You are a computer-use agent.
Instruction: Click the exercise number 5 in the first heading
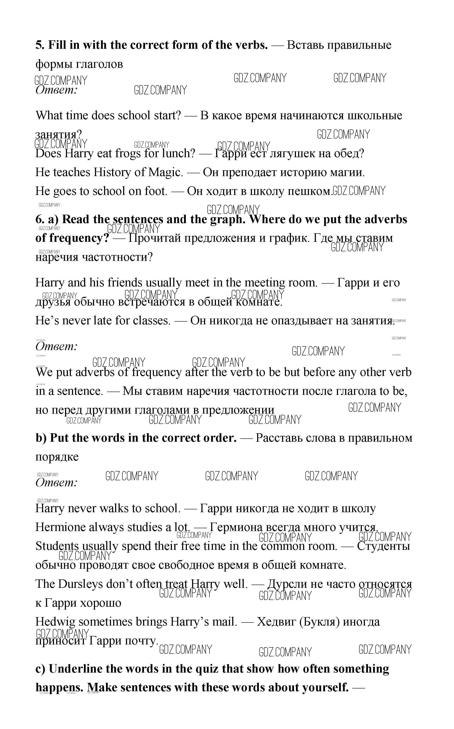coord(39,45)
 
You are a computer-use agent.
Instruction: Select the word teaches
coord(72,172)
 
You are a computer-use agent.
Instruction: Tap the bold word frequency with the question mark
coord(80,238)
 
